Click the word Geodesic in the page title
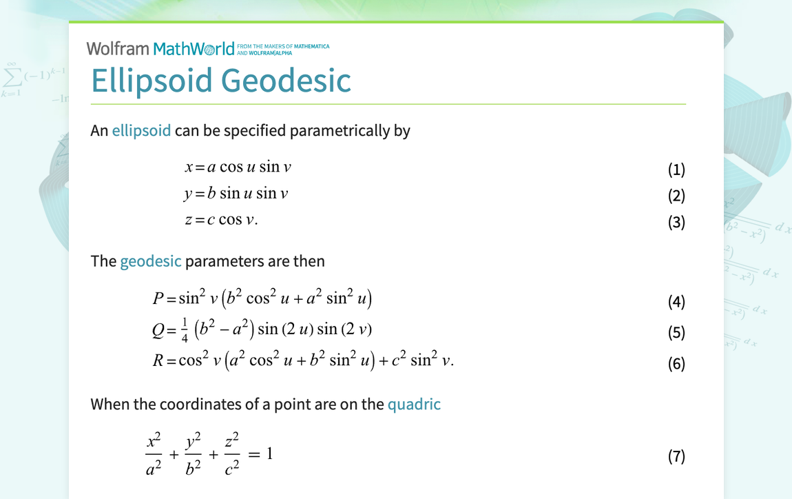[x=286, y=81]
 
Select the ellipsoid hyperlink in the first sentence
[x=141, y=130]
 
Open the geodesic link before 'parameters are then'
[x=151, y=261]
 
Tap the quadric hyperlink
[x=414, y=404]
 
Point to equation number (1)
[x=676, y=170]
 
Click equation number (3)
[x=676, y=222]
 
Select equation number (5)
[x=676, y=332]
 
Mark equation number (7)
[x=676, y=456]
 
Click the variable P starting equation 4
[x=158, y=298]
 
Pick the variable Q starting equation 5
[x=158, y=330]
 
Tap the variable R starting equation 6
[x=158, y=360]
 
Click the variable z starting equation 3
[x=187, y=221]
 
